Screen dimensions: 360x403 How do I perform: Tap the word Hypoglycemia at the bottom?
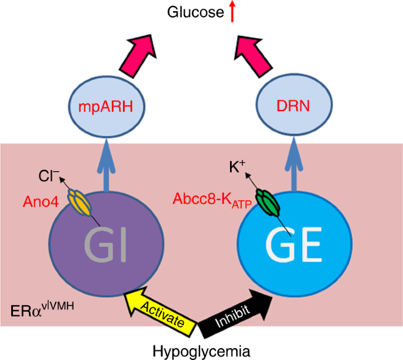click(x=201, y=351)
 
